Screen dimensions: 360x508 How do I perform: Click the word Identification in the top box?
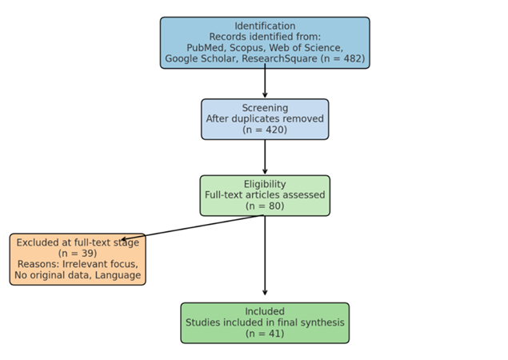265,26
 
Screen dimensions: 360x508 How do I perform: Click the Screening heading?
265,108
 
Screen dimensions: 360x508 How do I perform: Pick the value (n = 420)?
265,130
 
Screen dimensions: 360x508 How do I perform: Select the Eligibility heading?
265,184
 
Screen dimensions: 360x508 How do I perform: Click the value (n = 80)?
265,206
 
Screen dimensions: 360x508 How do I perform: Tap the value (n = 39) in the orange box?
78,254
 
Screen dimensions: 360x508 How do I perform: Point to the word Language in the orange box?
118,275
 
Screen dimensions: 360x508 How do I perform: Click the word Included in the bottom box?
265,311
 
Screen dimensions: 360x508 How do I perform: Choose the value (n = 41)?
265,334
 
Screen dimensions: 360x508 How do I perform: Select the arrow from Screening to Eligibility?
265,157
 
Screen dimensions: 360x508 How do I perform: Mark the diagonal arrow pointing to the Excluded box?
192,227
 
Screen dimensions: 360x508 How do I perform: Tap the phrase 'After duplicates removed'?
265,119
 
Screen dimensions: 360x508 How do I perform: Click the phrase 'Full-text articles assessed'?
265,195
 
